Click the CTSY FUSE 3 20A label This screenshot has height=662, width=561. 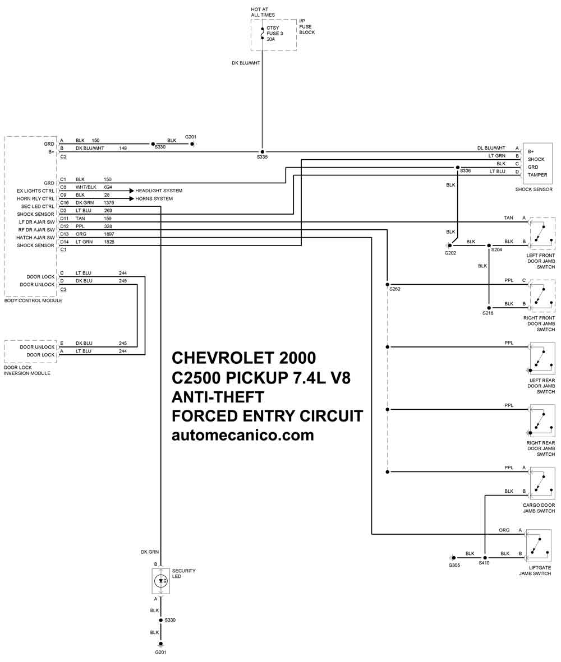[x=274, y=34]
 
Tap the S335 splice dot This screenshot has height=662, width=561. [x=263, y=152]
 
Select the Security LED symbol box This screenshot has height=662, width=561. [x=160, y=581]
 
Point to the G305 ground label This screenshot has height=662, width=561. [x=454, y=566]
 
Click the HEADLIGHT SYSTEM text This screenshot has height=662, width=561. [x=159, y=191]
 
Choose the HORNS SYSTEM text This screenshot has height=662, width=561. [x=154, y=199]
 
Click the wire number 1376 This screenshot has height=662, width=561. [x=109, y=203]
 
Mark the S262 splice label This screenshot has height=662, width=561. [x=395, y=289]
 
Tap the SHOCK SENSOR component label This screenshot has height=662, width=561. [x=534, y=189]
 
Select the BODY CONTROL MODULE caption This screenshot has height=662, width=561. [x=33, y=300]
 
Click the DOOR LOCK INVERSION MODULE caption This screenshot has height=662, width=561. [x=27, y=371]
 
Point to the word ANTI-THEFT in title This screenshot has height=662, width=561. [x=218, y=397]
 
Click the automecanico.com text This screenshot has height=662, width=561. [x=243, y=436]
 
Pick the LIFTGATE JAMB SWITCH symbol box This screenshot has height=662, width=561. [x=538, y=545]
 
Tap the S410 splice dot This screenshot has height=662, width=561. [x=485, y=558]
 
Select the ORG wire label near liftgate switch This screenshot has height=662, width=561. [x=504, y=530]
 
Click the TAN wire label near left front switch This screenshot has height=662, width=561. [x=509, y=218]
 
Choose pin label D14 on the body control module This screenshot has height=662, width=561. [x=64, y=242]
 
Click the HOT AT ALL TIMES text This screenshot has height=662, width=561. [x=263, y=12]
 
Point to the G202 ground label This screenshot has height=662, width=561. [x=450, y=253]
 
